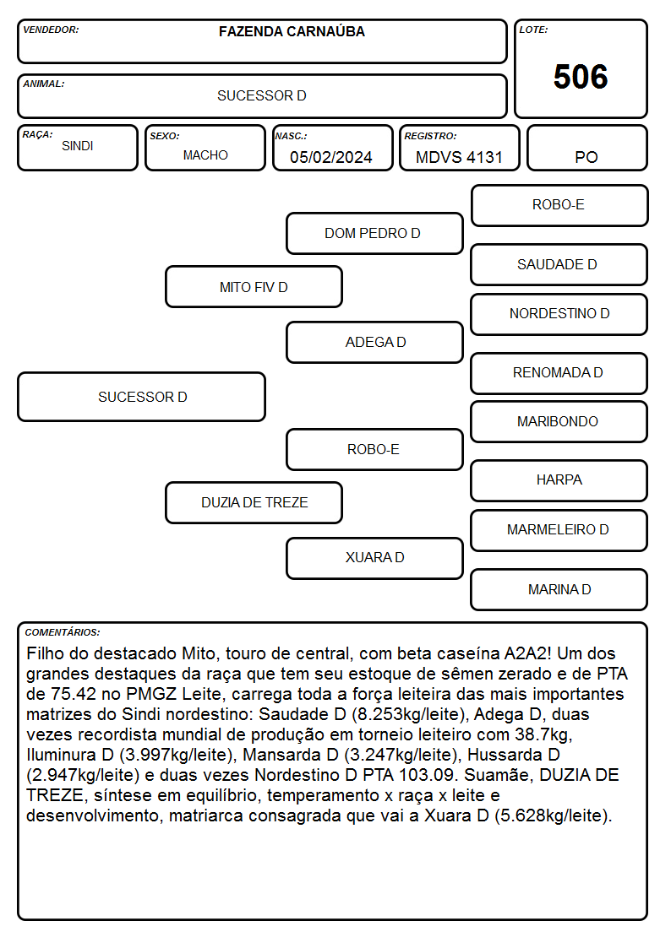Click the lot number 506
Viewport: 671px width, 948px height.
(x=581, y=77)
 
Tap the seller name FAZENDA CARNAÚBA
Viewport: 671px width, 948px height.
(x=292, y=31)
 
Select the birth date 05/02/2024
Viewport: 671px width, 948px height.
(x=331, y=157)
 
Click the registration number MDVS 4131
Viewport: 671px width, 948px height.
(x=459, y=157)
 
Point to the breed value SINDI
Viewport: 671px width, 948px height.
(x=78, y=146)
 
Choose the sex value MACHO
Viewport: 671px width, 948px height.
(x=205, y=155)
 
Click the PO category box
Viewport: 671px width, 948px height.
(x=586, y=148)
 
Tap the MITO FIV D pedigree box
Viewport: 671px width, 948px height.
(x=254, y=286)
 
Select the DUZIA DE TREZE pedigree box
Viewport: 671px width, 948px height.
(x=254, y=502)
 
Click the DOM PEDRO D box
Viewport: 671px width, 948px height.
(x=374, y=233)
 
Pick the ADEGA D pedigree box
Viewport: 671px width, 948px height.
(x=374, y=342)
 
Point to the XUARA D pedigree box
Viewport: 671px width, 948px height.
(x=374, y=558)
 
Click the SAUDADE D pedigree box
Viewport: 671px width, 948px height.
(x=559, y=264)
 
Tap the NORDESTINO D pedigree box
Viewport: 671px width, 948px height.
(x=559, y=314)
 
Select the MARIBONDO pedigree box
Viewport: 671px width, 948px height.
(x=559, y=421)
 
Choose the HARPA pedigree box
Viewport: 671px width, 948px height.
(x=559, y=480)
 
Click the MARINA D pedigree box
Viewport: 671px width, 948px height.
(x=559, y=589)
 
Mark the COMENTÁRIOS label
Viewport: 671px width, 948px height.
(x=63, y=632)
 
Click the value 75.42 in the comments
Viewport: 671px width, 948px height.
(x=74, y=694)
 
